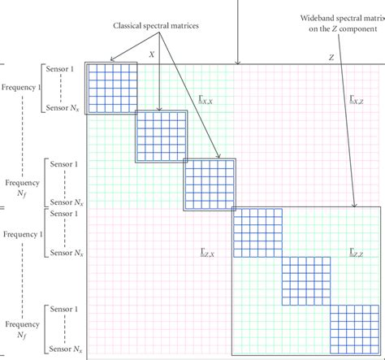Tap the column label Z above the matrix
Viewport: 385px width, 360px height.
coord(331,58)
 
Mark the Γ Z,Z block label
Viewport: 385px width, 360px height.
coord(355,254)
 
